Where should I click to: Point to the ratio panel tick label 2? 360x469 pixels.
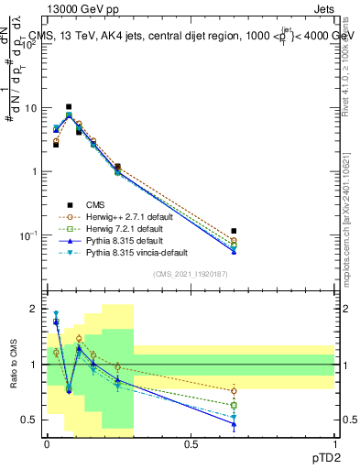[x=33, y=310]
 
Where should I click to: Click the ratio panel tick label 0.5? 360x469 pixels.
[x=29, y=420]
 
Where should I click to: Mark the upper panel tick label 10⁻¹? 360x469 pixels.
[x=27, y=235]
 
